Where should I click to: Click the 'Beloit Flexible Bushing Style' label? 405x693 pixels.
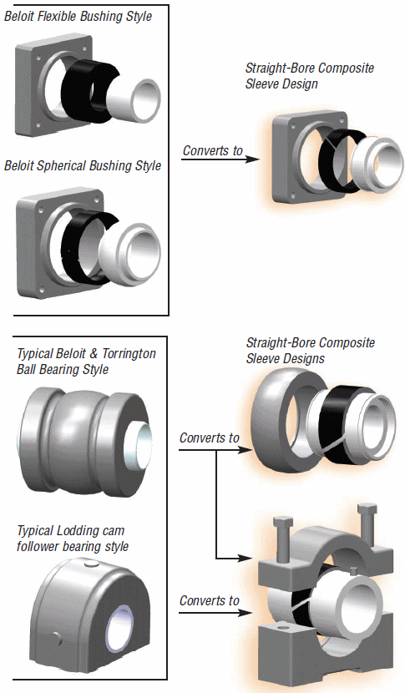(x=78, y=16)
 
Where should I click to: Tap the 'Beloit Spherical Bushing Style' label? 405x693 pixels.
(x=82, y=165)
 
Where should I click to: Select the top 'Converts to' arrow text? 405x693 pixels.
(x=213, y=151)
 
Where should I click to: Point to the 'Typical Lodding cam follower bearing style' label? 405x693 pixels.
(x=73, y=539)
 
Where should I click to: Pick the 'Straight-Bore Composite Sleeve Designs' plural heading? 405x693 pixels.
(x=310, y=351)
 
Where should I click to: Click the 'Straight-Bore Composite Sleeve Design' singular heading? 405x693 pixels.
(x=309, y=76)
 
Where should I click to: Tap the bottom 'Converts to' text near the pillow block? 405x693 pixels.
(x=210, y=601)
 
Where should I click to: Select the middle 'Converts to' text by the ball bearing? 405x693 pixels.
(x=210, y=438)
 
